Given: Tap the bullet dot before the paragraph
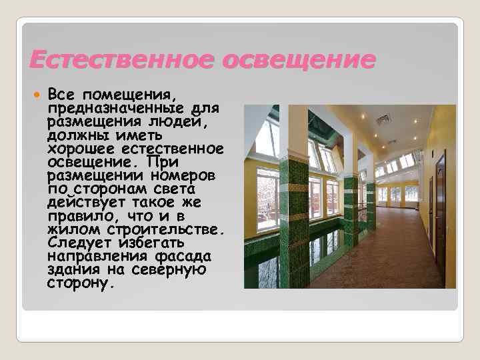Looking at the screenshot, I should click(37, 94).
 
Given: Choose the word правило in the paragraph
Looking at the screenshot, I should click(79, 216).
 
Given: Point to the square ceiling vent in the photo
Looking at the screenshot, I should click(383, 119).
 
